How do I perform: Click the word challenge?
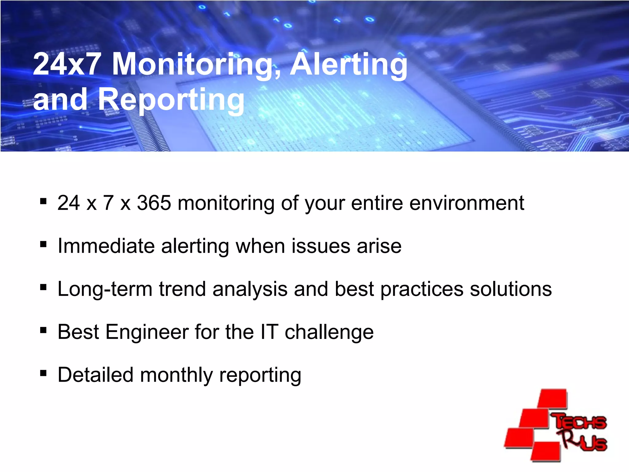coord(329,332)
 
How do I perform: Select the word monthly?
coord(176,376)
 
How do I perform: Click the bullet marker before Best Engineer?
coord(43,330)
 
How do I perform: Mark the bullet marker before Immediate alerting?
coord(43,244)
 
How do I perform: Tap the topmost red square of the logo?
coord(553,399)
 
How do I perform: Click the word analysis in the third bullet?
coord(250,289)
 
